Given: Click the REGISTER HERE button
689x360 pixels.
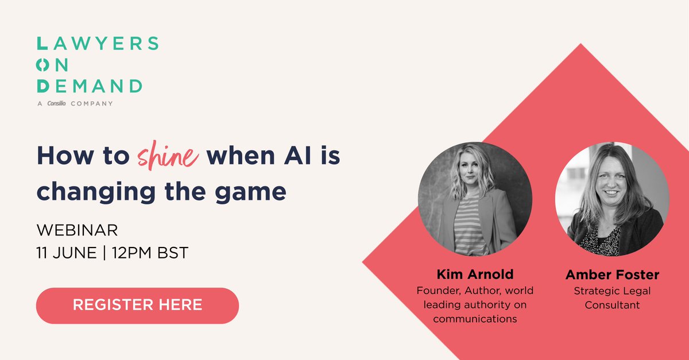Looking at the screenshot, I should tap(137, 305).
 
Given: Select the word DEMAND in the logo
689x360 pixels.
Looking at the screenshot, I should tap(89, 86).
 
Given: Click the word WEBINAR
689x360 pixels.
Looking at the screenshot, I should tap(77, 231).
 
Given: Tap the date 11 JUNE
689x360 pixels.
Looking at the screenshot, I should tap(67, 253).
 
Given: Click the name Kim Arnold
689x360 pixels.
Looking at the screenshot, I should tap(475, 275).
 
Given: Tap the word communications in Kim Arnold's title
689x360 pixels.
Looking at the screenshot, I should tap(475, 319).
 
